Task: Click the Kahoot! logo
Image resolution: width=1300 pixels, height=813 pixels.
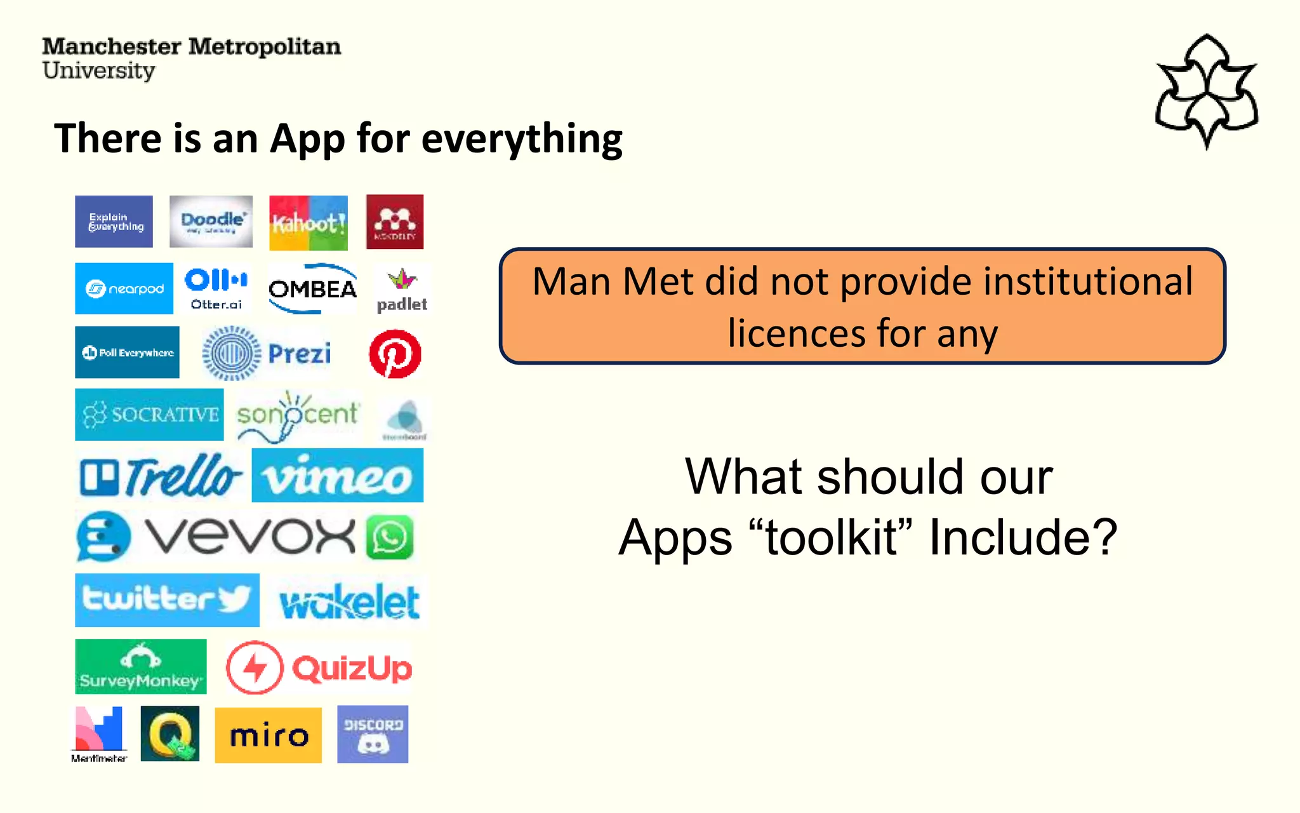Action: pyautogui.click(x=308, y=223)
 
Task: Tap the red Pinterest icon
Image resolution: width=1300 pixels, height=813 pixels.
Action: pyautogui.click(x=395, y=354)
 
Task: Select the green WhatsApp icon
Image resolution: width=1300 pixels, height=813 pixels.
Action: pyautogui.click(x=390, y=537)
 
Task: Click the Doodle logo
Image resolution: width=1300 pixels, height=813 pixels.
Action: pyautogui.click(x=211, y=221)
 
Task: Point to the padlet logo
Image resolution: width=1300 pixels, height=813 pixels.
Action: pyautogui.click(x=402, y=290)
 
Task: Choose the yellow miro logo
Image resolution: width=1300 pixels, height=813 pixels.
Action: pyautogui.click(x=268, y=735)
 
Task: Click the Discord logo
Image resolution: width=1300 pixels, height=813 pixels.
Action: pyautogui.click(x=373, y=734)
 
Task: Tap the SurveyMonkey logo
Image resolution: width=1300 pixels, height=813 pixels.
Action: pyautogui.click(x=140, y=666)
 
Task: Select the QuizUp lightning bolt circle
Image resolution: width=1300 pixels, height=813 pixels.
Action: pyautogui.click(x=254, y=668)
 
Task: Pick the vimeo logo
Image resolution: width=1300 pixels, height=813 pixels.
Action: pyautogui.click(x=337, y=476)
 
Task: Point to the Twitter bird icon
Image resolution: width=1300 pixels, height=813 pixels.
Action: pyautogui.click(x=235, y=599)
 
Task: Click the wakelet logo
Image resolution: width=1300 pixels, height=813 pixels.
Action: pyautogui.click(x=349, y=601)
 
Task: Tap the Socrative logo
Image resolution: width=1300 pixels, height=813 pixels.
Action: pyautogui.click(x=149, y=415)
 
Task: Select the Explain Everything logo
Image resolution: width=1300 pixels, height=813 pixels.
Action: pyautogui.click(x=114, y=222)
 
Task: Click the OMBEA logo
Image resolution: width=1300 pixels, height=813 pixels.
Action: pyautogui.click(x=312, y=289)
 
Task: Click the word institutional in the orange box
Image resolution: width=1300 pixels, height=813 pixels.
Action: pyautogui.click(x=1087, y=281)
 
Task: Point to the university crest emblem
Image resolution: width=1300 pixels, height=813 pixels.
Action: pyautogui.click(x=1206, y=91)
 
